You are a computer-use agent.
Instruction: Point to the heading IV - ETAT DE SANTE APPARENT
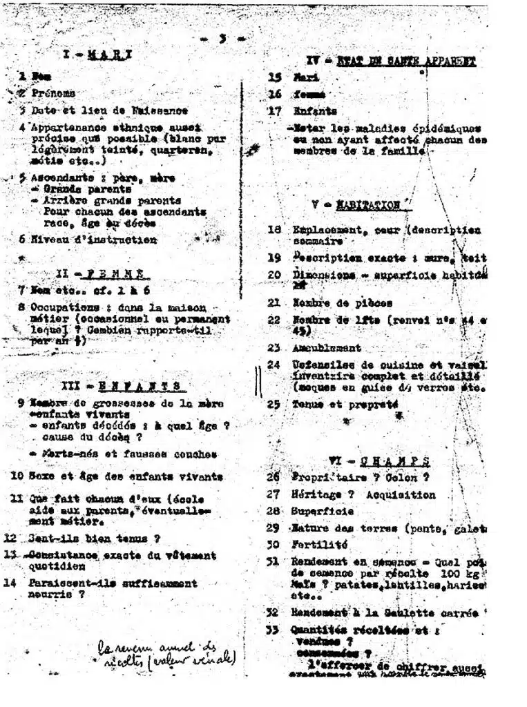391,61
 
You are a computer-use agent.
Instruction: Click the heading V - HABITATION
361,205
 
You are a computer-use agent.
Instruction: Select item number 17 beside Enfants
275,110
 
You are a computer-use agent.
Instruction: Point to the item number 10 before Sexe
17,476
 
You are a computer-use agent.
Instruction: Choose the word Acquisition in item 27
401,494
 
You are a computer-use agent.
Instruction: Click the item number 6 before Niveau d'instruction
22,240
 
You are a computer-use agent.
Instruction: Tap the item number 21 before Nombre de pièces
274,302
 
